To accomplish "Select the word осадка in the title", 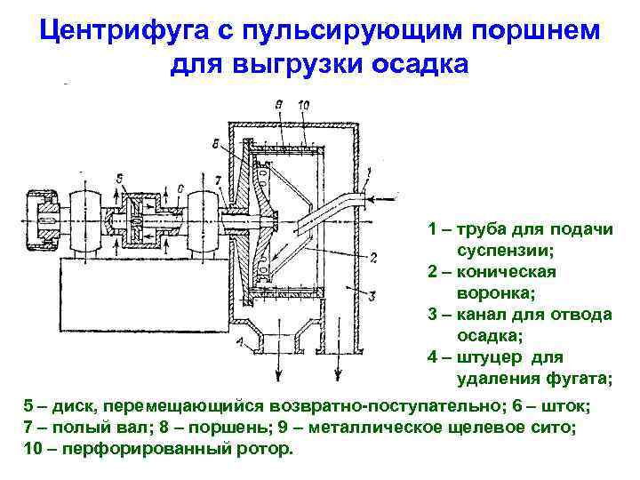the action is pyautogui.click(x=419, y=65).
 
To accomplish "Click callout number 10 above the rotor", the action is pyautogui.click(x=303, y=106).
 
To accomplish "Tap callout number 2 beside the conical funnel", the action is pyautogui.click(x=374, y=258).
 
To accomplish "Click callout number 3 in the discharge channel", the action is pyautogui.click(x=373, y=296).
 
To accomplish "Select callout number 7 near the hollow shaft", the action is pyautogui.click(x=219, y=182).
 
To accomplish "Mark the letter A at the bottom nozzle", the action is pyautogui.click(x=241, y=342).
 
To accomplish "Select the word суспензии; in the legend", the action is pyautogui.click(x=505, y=250).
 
